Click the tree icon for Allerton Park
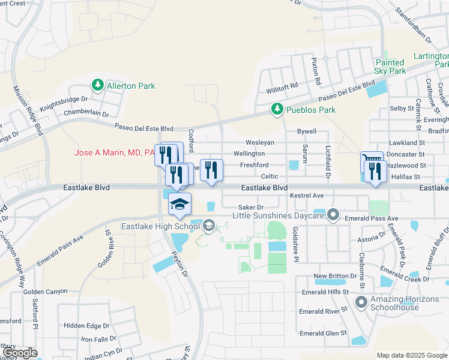pyautogui.click(x=97, y=86)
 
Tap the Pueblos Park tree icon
pyautogui.click(x=276, y=110)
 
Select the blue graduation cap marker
pyautogui.click(x=179, y=204)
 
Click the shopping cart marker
pyautogui.click(x=371, y=161)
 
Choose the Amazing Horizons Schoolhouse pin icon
pyautogui.click(x=361, y=302)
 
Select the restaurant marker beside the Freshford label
pyautogui.click(x=211, y=170)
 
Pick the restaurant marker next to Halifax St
pyautogui.click(x=375, y=172)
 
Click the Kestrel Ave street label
pyautogui.click(x=307, y=196)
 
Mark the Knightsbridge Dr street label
pyautogui.click(x=64, y=104)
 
